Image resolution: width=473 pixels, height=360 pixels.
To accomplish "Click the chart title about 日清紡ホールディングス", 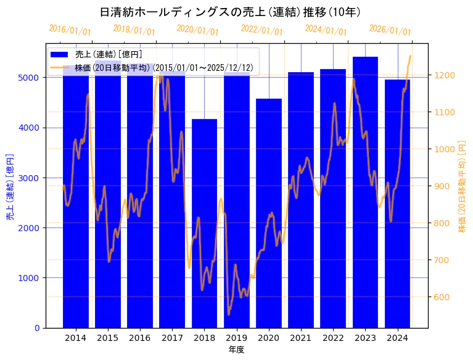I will pos(230,12).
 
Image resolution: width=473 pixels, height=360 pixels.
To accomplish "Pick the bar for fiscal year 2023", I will pos(365,192).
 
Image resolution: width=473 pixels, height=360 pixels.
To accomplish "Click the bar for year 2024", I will pos(397,203).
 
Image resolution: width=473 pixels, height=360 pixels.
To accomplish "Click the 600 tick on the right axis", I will pos(442,297).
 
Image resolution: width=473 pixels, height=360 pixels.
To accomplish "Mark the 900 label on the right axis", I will pos(442,186).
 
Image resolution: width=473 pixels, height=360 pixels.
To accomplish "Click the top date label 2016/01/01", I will pos(70,30).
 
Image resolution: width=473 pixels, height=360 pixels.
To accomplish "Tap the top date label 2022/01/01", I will pos(261,30).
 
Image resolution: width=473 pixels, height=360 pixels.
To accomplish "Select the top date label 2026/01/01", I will pos(390,30).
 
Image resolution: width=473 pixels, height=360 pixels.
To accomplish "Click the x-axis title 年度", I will pos(236,350).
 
